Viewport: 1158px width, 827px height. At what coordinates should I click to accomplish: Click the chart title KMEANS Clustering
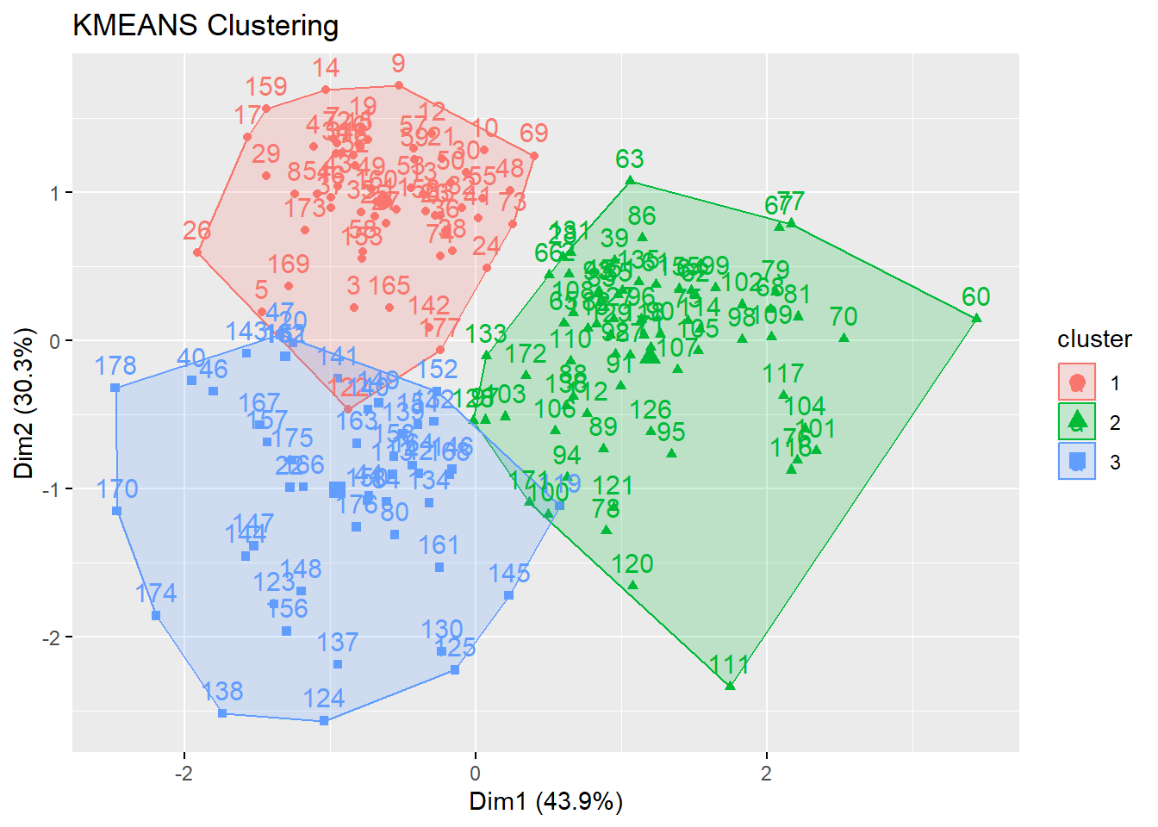pyautogui.click(x=205, y=26)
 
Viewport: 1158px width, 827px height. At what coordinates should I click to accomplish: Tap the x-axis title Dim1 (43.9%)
pyautogui.click(x=545, y=802)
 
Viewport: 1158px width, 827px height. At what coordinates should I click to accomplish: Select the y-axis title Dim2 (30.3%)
pyautogui.click(x=23, y=403)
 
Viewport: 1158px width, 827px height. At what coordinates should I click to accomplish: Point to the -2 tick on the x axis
pyautogui.click(x=184, y=774)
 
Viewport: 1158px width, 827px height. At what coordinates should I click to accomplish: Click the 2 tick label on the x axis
pyautogui.click(x=766, y=774)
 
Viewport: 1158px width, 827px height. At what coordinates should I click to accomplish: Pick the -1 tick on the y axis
pyautogui.click(x=53, y=489)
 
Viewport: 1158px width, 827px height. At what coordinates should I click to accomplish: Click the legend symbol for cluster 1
pyautogui.click(x=1077, y=382)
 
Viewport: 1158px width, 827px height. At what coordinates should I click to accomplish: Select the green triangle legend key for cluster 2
pyautogui.click(x=1077, y=421)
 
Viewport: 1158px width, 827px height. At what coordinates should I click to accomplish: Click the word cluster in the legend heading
pyautogui.click(x=1094, y=339)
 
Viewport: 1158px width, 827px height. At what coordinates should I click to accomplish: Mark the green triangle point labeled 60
pyautogui.click(x=976, y=318)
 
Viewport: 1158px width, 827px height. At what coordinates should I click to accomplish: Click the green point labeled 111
pyautogui.click(x=730, y=686)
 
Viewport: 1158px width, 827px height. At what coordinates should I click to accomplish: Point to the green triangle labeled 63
pyautogui.click(x=630, y=180)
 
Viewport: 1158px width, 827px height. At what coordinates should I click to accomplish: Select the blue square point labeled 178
pyautogui.click(x=115, y=388)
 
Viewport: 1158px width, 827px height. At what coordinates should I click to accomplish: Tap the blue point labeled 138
pyautogui.click(x=222, y=713)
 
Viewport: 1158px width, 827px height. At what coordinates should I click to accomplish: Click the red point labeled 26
pyautogui.click(x=197, y=252)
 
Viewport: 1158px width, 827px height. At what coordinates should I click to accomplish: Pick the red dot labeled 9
pyautogui.click(x=398, y=85)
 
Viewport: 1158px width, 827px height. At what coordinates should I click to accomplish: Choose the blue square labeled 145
pyautogui.click(x=508, y=595)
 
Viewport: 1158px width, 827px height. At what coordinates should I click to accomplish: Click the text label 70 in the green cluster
pyautogui.click(x=844, y=317)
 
